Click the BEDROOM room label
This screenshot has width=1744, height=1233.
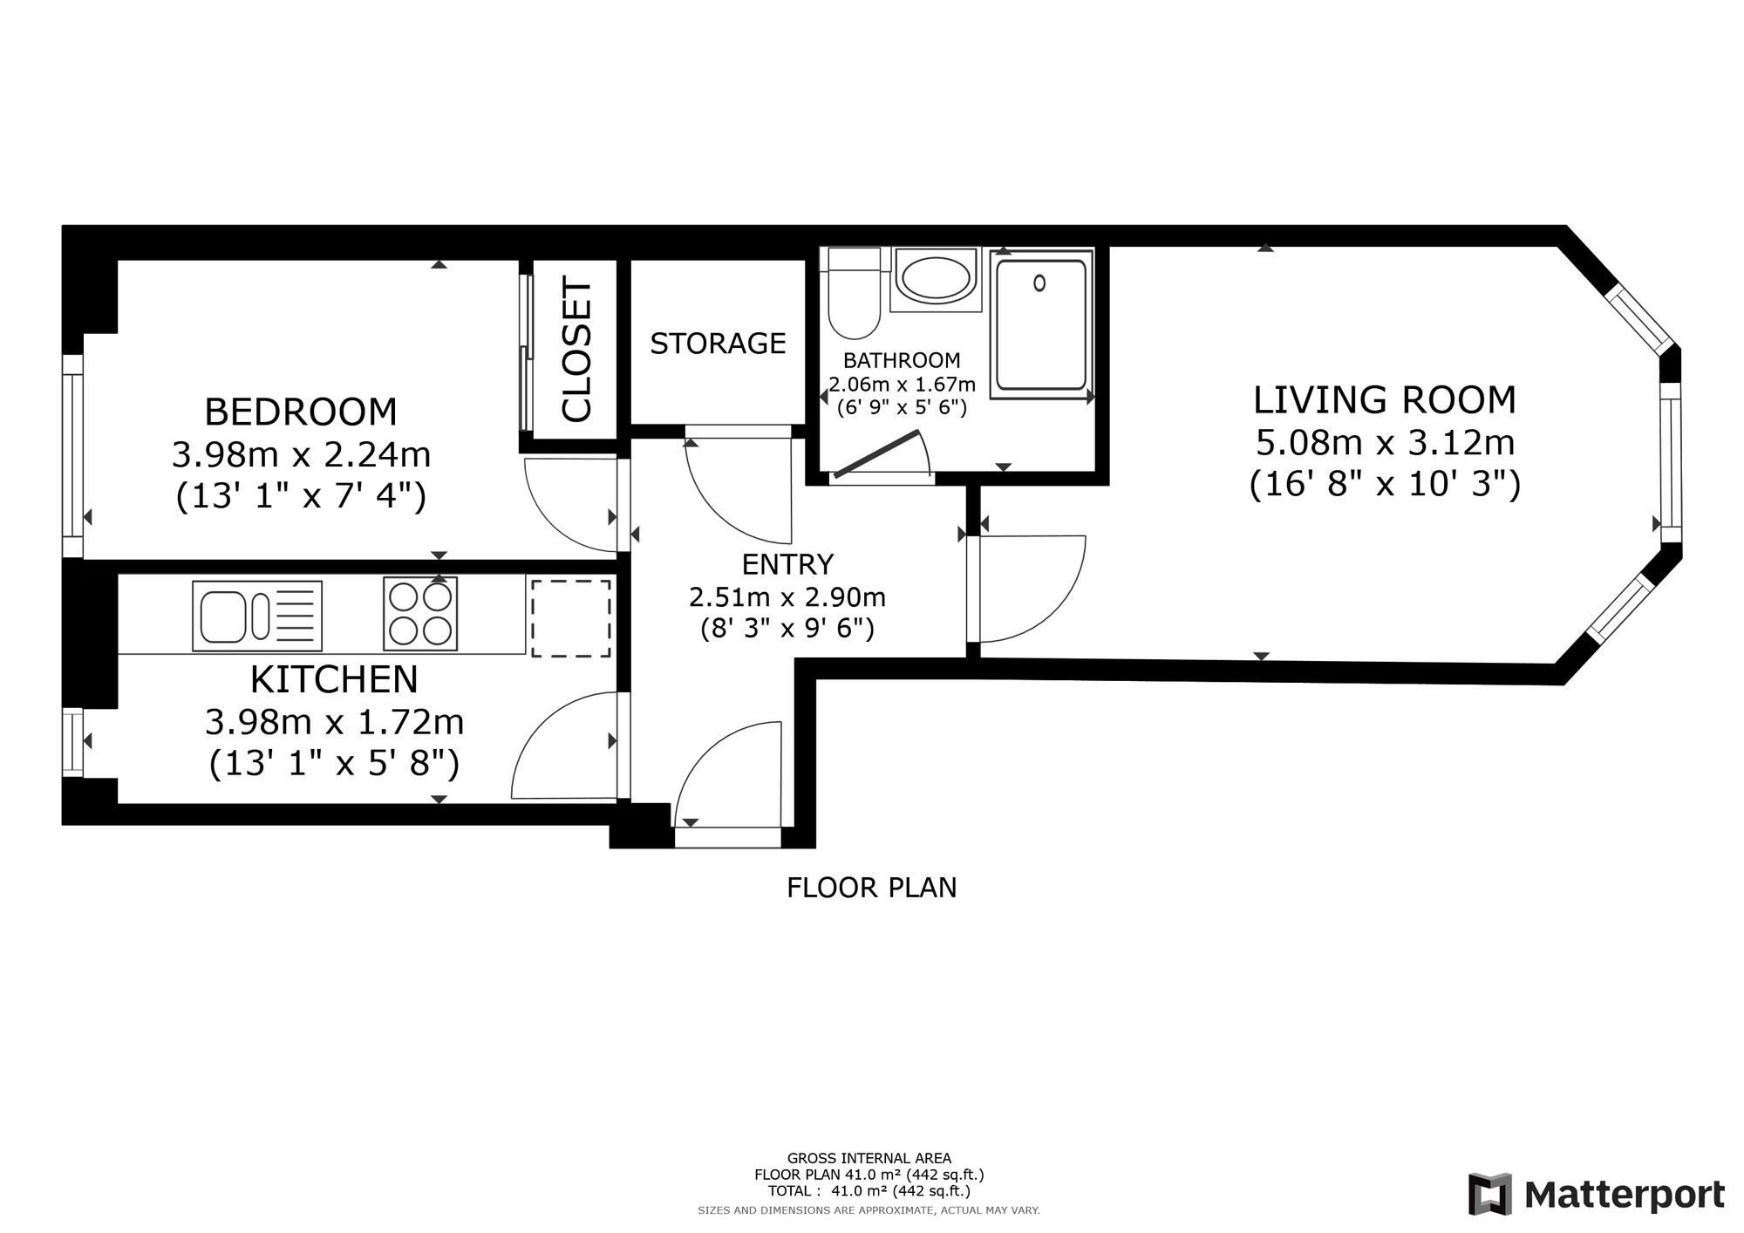pos(300,412)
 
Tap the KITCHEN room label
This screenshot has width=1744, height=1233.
pos(334,679)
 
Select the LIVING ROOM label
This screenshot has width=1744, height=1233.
pos(1385,400)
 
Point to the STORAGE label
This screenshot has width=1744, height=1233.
pos(718,344)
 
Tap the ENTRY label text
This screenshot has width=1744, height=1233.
pos(787,565)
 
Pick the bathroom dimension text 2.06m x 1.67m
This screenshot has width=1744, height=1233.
pos(902,384)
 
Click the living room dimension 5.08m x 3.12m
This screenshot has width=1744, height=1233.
pos(1385,443)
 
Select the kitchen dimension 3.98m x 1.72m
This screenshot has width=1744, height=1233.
pos(334,722)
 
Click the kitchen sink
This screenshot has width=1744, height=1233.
pos(256,616)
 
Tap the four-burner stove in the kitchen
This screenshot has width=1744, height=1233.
pos(420,615)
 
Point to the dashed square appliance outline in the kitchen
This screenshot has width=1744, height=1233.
pos(571,618)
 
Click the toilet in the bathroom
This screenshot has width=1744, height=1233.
pos(855,293)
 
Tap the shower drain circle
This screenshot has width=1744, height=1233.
pos(1039,283)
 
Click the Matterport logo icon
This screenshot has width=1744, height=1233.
pos(1489,1194)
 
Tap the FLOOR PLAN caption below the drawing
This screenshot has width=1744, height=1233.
pos(871,888)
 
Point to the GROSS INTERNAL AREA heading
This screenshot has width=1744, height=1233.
pos(869,1159)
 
